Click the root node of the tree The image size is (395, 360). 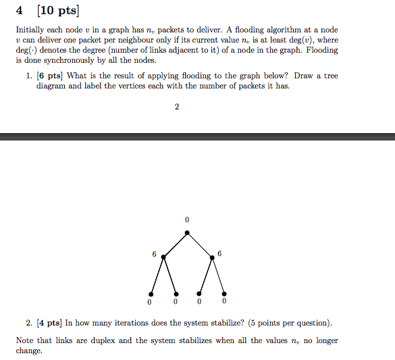(187, 234)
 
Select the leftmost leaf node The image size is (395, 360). (151, 294)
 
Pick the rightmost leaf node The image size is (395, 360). (223, 294)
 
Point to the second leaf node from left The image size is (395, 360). (176, 294)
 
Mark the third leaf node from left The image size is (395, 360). (199, 294)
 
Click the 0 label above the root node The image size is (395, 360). (187, 220)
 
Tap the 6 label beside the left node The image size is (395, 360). (154, 255)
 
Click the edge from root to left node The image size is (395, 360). (176, 245)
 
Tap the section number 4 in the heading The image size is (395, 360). (20, 11)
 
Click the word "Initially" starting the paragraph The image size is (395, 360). (30, 30)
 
